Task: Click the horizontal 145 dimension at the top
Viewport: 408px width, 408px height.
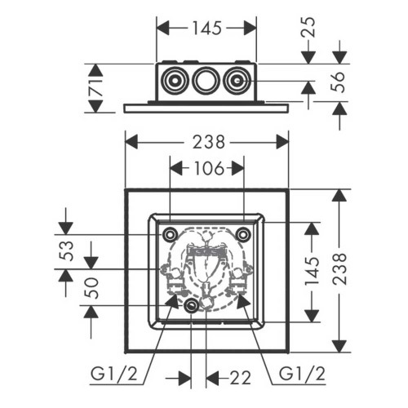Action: click(x=207, y=29)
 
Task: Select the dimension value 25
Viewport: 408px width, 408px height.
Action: click(x=309, y=27)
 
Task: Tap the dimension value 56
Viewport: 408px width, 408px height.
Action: click(x=337, y=82)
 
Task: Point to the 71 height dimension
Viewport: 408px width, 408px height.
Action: click(x=96, y=88)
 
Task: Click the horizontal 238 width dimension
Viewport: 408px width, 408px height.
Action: click(x=209, y=142)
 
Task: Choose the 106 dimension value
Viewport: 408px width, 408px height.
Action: click(x=209, y=168)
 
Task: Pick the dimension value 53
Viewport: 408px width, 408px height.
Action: click(x=66, y=251)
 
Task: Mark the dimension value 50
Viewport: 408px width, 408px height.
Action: click(x=91, y=288)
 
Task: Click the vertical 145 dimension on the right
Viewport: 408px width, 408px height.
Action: click(x=312, y=271)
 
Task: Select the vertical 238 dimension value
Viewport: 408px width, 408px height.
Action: click(x=339, y=269)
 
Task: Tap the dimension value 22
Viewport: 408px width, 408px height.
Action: click(x=240, y=378)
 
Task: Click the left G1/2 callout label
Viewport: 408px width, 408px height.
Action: click(x=114, y=375)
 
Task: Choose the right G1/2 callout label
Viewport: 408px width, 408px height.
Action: click(x=302, y=375)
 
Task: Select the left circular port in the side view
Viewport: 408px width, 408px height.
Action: click(x=174, y=81)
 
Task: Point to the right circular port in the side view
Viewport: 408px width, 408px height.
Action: click(x=236, y=81)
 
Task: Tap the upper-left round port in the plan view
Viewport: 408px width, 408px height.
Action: click(x=170, y=234)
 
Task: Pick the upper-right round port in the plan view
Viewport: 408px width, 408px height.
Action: click(x=242, y=234)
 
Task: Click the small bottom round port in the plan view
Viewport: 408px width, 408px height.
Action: click(x=191, y=306)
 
